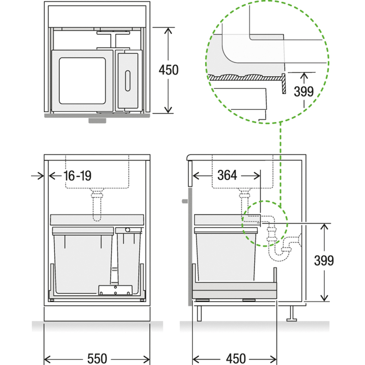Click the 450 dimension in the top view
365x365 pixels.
168,70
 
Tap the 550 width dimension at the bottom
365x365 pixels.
97,359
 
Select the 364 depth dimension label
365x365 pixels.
227,175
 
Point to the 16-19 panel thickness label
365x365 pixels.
78,176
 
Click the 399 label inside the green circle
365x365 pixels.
304,92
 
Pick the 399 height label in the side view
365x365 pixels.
324,261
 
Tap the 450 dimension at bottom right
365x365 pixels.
236,359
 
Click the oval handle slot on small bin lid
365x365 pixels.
128,81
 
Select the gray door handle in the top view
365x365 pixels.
97,120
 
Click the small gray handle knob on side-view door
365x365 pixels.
185,201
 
